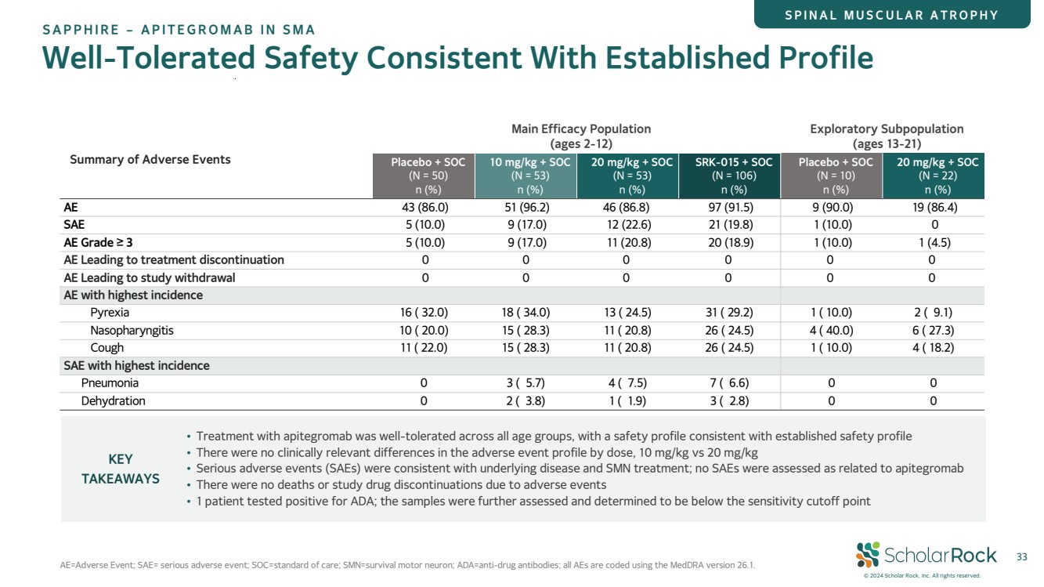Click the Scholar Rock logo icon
pyautogui.click(x=867, y=555)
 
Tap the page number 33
pyautogui.click(x=1021, y=556)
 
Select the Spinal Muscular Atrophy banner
pyautogui.click(x=892, y=14)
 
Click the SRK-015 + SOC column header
pyautogui.click(x=729, y=176)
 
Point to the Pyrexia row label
pyautogui.click(x=110, y=313)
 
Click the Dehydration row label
pyautogui.click(x=114, y=401)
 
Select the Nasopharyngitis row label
pyautogui.click(x=132, y=331)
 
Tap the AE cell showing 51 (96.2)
pyautogui.click(x=526, y=208)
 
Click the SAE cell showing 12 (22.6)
pyautogui.click(x=629, y=225)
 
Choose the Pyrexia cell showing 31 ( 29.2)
pyautogui.click(x=729, y=313)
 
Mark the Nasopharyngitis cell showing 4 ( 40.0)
pyautogui.click(x=831, y=331)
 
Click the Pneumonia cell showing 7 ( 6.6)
pyautogui.click(x=729, y=383)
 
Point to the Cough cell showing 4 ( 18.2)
pyautogui.click(x=933, y=348)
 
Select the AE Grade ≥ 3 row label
pyautogui.click(x=99, y=243)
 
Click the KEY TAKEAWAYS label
pyautogui.click(x=121, y=469)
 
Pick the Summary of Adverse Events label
pyautogui.click(x=150, y=160)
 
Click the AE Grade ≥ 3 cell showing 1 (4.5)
pyautogui.click(x=934, y=243)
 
